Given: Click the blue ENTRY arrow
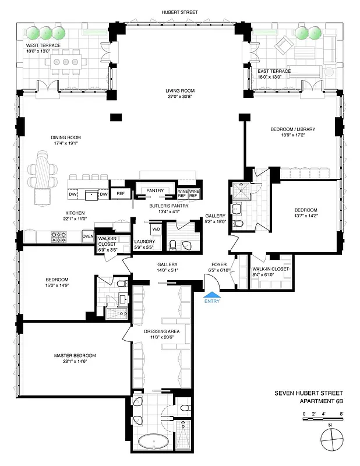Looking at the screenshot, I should click(211, 295).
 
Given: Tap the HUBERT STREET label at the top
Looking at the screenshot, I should click(179, 12).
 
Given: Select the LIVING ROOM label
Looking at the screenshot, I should click(179, 91).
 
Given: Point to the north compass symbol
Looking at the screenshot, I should click(330, 437).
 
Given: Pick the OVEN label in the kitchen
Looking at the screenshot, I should click(88, 236).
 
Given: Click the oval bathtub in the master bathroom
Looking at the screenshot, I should click(154, 442).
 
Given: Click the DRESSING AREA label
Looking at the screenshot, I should click(161, 331).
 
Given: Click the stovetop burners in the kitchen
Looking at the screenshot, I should click(59, 237).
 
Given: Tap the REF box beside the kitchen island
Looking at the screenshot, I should click(121, 193).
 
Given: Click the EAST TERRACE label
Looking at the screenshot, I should click(274, 71).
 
